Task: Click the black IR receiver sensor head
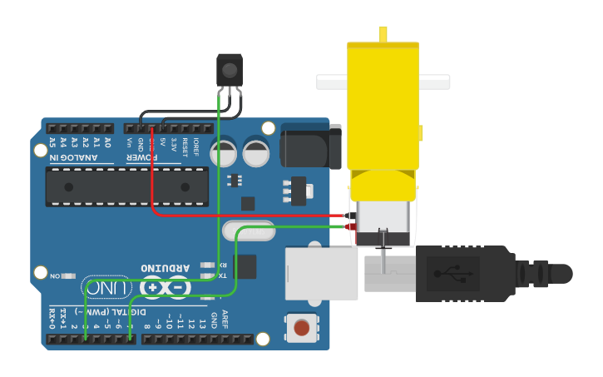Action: pyautogui.click(x=230, y=68)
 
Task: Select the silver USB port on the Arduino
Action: pyautogui.click(x=321, y=272)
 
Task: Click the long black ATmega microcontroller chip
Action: pyautogui.click(x=127, y=185)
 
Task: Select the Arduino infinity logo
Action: pyautogui.click(x=166, y=288)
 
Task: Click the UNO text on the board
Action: pyautogui.click(x=109, y=288)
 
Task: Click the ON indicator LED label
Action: pyautogui.click(x=56, y=275)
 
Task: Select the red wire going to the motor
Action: pyautogui.click(x=250, y=216)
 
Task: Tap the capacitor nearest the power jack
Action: pyautogui.click(x=256, y=151)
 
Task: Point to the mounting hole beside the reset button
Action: pyautogui.click(x=263, y=338)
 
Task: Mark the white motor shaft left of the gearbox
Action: pyautogui.click(x=331, y=82)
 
